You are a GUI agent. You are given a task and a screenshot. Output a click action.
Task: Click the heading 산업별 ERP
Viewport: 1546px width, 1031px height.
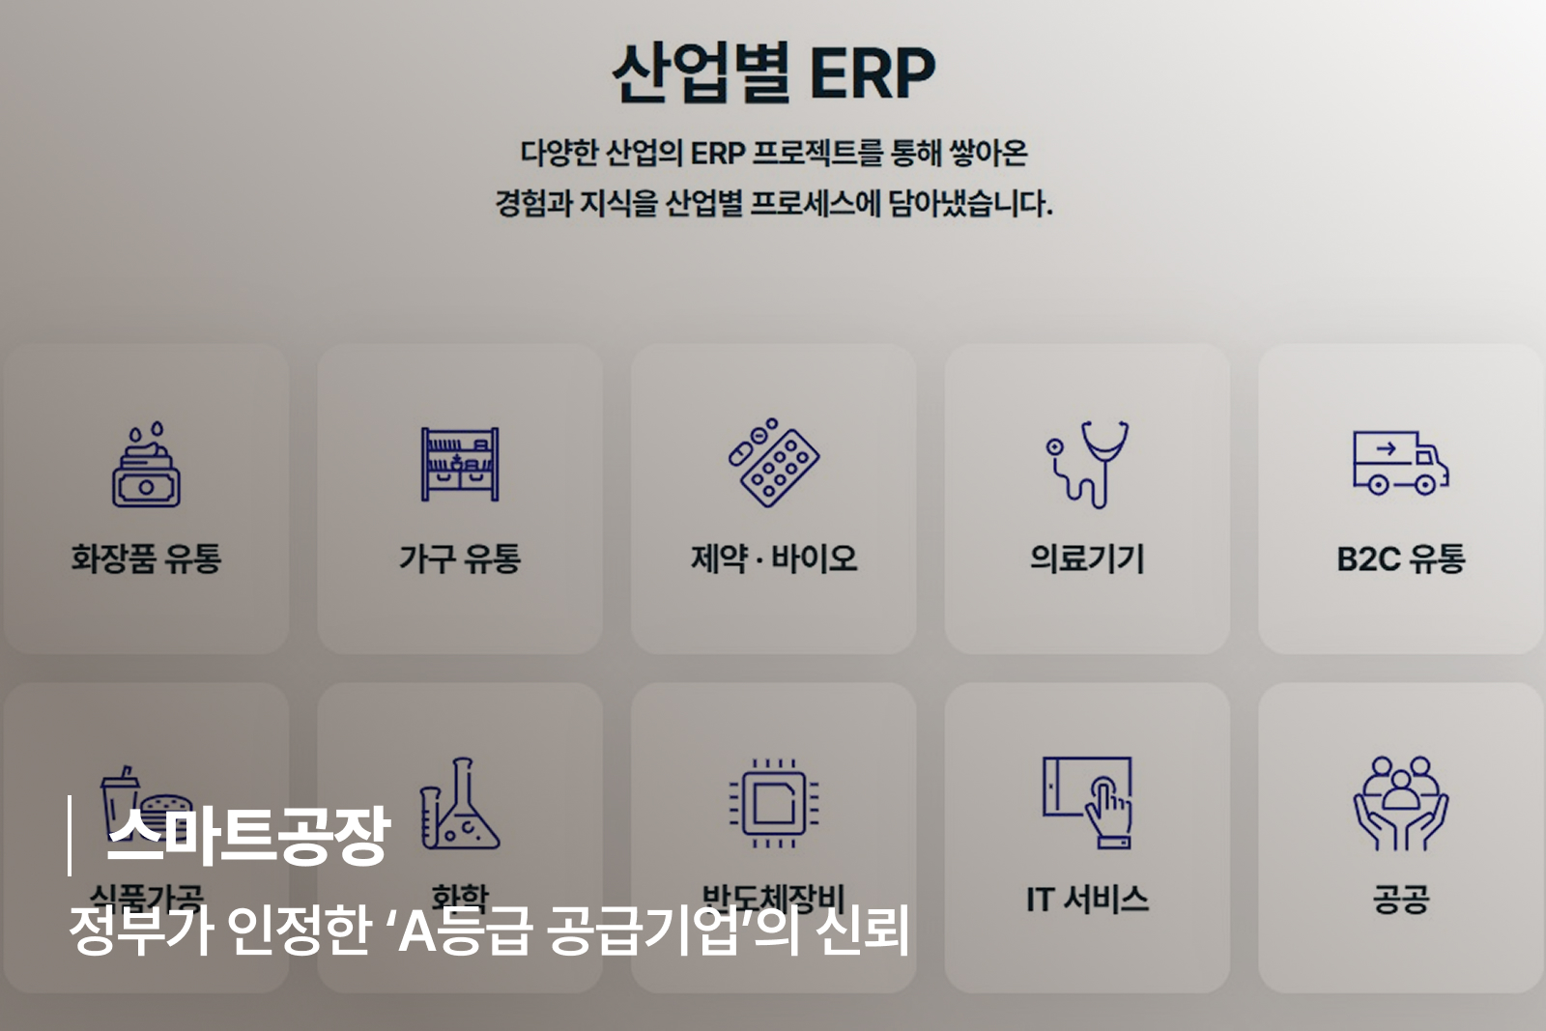[773, 73]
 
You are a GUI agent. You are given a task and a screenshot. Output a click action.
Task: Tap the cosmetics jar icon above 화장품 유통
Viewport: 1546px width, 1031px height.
[146, 466]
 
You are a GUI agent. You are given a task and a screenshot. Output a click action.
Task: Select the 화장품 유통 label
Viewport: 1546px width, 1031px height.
[146, 558]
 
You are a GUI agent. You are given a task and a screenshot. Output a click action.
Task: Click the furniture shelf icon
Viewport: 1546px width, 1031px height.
[460, 465]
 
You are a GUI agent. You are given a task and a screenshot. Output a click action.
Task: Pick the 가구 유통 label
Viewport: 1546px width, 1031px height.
[460, 558]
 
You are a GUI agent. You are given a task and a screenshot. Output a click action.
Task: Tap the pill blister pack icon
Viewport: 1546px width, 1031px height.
[773, 463]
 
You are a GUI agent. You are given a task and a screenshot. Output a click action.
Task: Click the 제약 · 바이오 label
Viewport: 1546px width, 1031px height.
[773, 558]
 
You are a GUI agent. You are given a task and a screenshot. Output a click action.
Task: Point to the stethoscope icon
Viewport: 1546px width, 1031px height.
[1088, 464]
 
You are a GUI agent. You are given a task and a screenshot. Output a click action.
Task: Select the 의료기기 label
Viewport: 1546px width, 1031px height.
[1087, 558]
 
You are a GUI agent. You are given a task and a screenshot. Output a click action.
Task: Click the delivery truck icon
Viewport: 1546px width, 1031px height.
[1400, 463]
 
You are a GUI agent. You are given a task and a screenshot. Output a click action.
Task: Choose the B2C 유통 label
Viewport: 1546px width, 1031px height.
[1400, 558]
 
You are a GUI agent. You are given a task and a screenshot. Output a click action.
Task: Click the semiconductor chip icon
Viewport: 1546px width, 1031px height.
[773, 804]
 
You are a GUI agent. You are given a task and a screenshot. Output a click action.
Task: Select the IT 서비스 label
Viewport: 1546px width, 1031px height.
[1087, 900]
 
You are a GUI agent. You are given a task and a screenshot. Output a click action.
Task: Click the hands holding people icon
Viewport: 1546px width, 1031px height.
[1400, 804]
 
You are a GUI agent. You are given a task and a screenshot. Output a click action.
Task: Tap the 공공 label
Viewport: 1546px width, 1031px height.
[1400, 900]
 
